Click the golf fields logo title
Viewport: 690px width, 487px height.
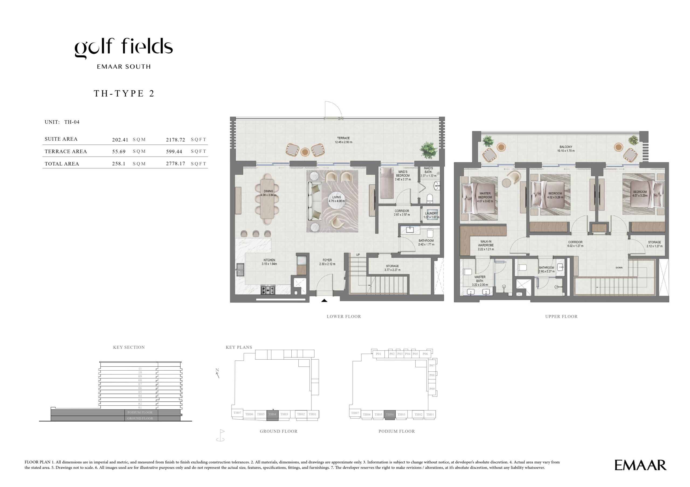pos(123,48)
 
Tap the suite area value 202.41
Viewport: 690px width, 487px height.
pos(120,140)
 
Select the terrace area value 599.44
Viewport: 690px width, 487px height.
pos(174,152)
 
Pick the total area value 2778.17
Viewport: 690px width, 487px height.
pos(175,164)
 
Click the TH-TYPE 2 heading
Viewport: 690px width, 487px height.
pos(124,93)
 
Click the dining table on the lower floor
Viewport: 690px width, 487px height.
pos(267,199)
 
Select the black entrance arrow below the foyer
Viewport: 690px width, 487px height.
pos(324,300)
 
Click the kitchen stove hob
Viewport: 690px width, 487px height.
pos(267,290)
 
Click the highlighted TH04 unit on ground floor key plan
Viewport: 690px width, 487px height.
pos(272,414)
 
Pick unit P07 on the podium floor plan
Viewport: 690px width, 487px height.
pos(432,366)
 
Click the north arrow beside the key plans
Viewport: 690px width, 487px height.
pos(217,373)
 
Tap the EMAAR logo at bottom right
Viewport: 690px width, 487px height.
pos(640,465)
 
